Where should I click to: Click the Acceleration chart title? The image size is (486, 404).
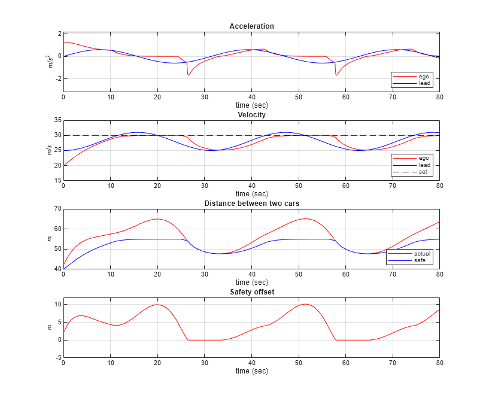pos(251,26)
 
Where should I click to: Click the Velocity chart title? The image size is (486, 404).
pos(251,114)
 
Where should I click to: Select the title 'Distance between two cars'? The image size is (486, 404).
pos(251,203)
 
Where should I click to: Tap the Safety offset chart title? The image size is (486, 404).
pos(251,291)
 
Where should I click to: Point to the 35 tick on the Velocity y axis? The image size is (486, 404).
pos(58,120)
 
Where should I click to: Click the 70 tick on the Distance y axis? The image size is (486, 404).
pos(58,209)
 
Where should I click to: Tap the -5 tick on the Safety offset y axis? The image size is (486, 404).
pos(57,357)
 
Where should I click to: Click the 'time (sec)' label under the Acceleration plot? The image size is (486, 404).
pos(251,105)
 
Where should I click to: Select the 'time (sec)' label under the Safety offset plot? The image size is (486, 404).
pos(251,371)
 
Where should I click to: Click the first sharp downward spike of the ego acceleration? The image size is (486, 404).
pos(188,75)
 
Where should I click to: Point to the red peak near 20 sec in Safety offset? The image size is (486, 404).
pos(157,305)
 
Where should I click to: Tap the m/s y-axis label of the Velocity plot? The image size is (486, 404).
pos(50,150)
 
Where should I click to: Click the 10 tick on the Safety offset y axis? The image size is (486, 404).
pos(57,305)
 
